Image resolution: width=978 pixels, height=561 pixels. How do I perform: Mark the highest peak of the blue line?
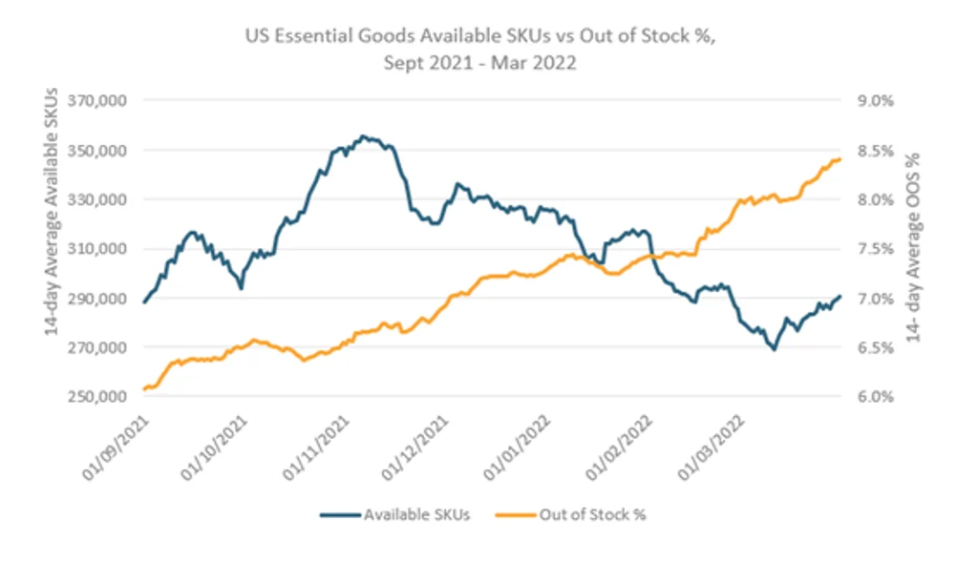click(x=363, y=136)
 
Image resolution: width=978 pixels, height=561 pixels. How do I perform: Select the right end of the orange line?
click(x=840, y=159)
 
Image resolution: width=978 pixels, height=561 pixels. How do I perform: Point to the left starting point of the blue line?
click(x=144, y=302)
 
